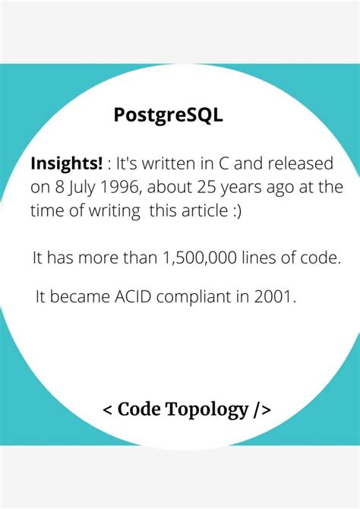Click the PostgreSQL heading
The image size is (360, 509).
pos(168,115)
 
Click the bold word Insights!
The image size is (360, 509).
pos(66,164)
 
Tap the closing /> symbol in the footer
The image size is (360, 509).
pos(263,410)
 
